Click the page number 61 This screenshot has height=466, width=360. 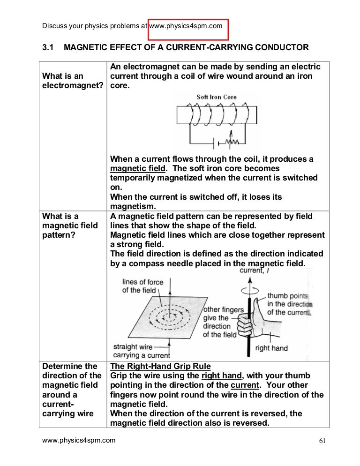[321, 441]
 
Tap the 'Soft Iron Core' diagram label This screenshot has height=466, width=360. [217, 97]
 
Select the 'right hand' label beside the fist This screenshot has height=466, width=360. [271, 348]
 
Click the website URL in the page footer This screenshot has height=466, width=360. [79, 440]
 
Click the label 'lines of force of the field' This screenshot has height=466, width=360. [139, 286]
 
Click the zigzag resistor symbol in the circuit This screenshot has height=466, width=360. [230, 141]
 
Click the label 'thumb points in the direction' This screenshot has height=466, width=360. [289, 304]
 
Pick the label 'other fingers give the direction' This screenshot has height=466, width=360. [223, 322]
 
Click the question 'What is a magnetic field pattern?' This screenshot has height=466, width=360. [70, 225]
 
